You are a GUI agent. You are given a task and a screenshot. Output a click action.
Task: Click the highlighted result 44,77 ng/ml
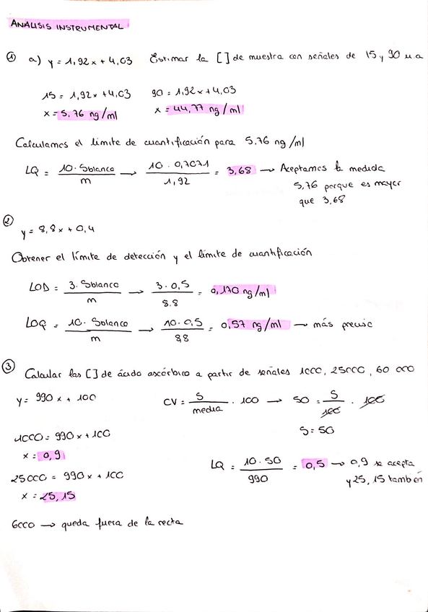point(205,110)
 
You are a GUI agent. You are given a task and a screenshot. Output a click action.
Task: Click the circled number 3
point(9,367)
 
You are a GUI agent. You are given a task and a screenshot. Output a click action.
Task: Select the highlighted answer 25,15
point(60,496)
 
